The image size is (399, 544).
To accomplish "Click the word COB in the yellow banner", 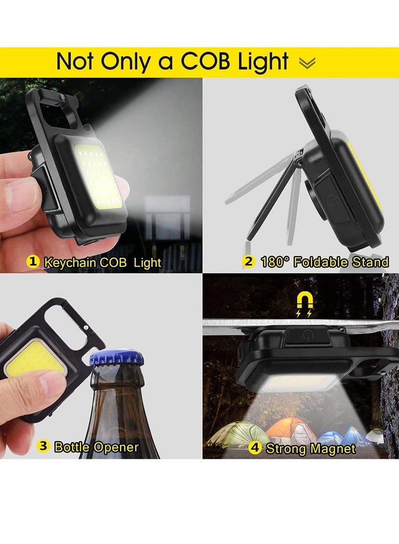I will click(205, 62).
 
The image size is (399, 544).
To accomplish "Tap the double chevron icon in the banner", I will click(307, 63).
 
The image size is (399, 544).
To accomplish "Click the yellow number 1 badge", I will click(33, 261).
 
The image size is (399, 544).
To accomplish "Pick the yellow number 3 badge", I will click(44, 446).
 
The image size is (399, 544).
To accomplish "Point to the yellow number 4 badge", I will click(255, 448).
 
